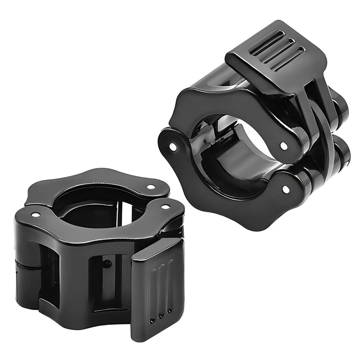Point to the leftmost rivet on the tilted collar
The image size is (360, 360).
pos(173,146)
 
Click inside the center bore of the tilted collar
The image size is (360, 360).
pos(234,146)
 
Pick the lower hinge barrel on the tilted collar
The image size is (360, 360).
pos(341,156)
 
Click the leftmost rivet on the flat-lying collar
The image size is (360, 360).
pos(35,215)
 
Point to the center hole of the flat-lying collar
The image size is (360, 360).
pos(92,204)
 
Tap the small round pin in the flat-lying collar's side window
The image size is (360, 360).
pos(107,264)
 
